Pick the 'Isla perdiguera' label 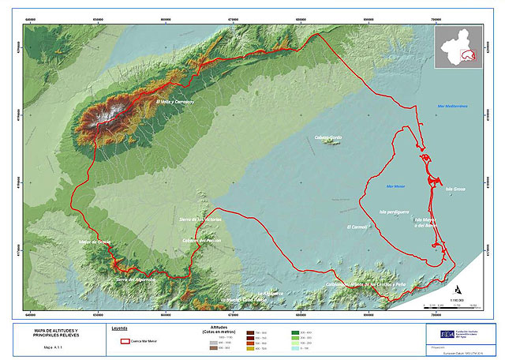tap(394, 212)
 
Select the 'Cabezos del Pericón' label tap(200, 240)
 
